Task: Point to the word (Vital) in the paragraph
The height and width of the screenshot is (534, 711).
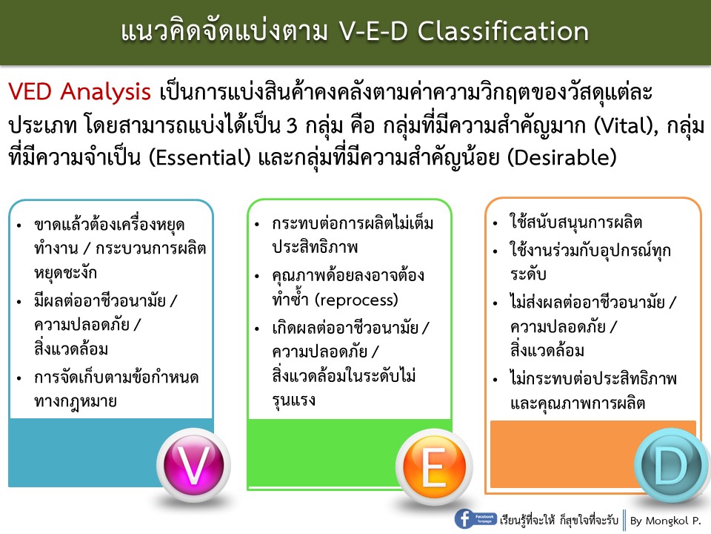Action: pos(607,126)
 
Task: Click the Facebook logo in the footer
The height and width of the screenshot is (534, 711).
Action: pos(465,518)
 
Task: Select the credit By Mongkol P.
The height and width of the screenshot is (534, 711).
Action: pos(665,521)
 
